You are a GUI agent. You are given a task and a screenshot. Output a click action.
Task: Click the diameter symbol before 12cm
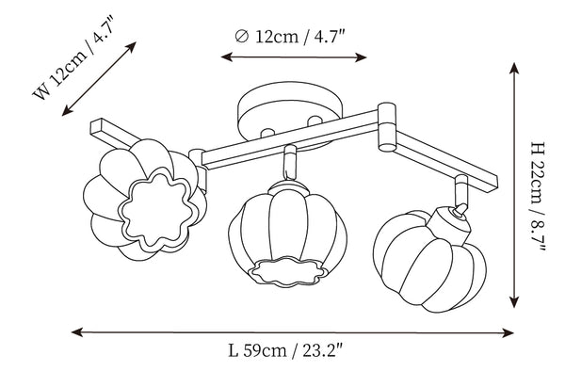coord(241,36)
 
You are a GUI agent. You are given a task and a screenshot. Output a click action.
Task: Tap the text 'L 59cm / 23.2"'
coord(285,350)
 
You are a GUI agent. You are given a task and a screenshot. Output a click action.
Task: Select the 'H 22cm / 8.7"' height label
coord(538,197)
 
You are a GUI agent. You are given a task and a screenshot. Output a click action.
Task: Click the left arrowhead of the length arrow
coord(77,332)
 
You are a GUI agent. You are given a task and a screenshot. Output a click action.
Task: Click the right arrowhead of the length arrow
coord(508,332)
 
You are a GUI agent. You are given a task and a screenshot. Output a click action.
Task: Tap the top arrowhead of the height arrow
coord(514,68)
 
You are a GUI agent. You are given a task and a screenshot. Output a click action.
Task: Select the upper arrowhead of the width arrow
coord(132,46)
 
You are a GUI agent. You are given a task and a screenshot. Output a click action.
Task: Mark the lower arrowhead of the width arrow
coord(67,111)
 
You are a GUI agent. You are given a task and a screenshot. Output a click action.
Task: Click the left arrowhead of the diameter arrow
coord(226,56)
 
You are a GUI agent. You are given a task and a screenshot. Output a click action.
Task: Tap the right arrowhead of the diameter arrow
coord(361,57)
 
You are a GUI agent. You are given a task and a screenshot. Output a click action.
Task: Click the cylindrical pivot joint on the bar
coord(387,127)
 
